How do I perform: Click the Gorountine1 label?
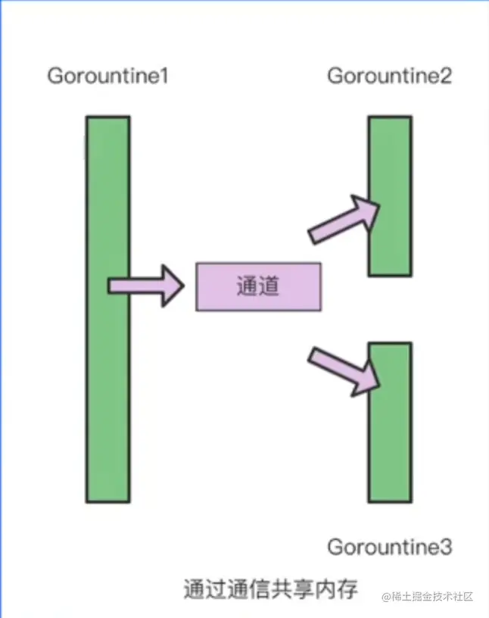tap(107, 76)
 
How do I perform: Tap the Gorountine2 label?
tap(390, 76)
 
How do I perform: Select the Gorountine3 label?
tap(390, 546)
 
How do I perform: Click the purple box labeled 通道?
tap(258, 286)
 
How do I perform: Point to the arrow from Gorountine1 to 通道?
tap(145, 286)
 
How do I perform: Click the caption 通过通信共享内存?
tap(269, 588)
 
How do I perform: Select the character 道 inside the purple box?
tap(269, 286)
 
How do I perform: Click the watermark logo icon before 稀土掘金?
tap(387, 598)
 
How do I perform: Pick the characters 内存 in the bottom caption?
tap(337, 588)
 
